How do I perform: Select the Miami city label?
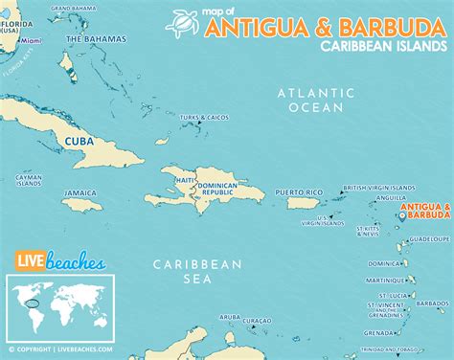click(x=32, y=42)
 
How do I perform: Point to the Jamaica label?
click(x=80, y=192)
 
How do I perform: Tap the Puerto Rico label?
click(x=293, y=191)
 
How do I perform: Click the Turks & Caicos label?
click(x=205, y=118)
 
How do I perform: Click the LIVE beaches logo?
click(x=49, y=260)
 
